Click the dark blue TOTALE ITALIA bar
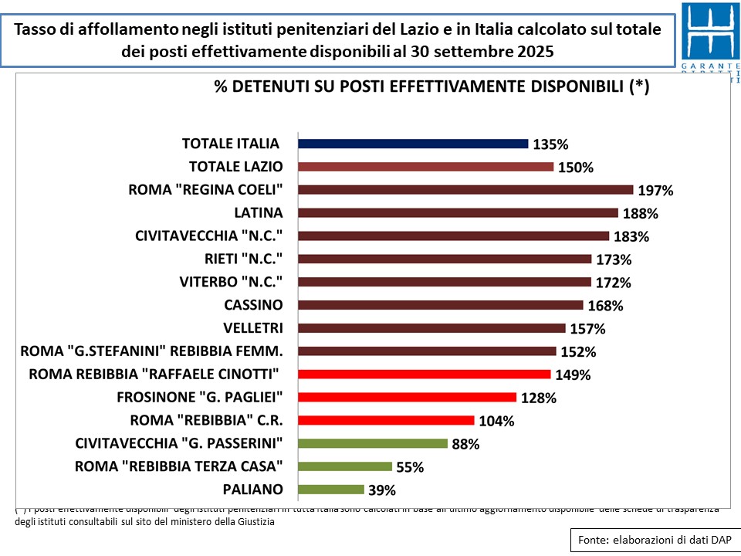click(413, 144)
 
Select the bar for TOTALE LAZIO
click(425, 167)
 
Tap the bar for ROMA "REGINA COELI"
click(465, 190)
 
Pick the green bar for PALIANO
click(330, 490)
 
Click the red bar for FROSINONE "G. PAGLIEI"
click(407, 398)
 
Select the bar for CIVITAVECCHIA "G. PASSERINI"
click(373, 443)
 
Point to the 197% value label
click(655, 191)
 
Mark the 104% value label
click(496, 421)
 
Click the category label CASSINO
click(253, 304)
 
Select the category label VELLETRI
click(252, 327)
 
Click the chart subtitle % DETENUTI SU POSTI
click(431, 87)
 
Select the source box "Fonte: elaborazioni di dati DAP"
click(653, 540)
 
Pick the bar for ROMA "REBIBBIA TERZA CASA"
click(345, 466)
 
